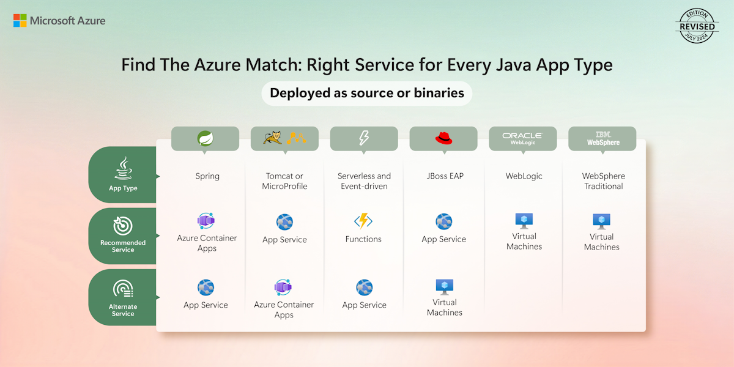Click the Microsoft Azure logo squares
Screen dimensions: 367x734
20,21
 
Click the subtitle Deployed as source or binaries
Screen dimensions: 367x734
367,94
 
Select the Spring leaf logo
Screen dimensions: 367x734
205,139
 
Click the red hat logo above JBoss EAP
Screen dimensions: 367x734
443,138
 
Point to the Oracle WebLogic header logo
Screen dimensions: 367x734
522,138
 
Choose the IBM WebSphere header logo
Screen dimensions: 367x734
603,138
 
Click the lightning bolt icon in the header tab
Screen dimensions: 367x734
364,138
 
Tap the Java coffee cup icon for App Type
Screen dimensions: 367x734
123,167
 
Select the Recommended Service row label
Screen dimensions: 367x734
123,246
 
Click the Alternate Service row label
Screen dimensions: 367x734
123,310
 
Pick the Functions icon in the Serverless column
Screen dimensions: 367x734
363,221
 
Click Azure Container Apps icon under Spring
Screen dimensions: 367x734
206,221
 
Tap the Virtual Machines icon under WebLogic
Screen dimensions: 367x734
524,220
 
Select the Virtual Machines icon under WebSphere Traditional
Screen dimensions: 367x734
602,221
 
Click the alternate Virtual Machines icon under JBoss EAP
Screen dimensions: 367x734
445,286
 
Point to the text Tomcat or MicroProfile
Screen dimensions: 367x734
284,181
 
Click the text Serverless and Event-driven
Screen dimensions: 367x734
364,181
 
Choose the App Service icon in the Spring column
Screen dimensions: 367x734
206,287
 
